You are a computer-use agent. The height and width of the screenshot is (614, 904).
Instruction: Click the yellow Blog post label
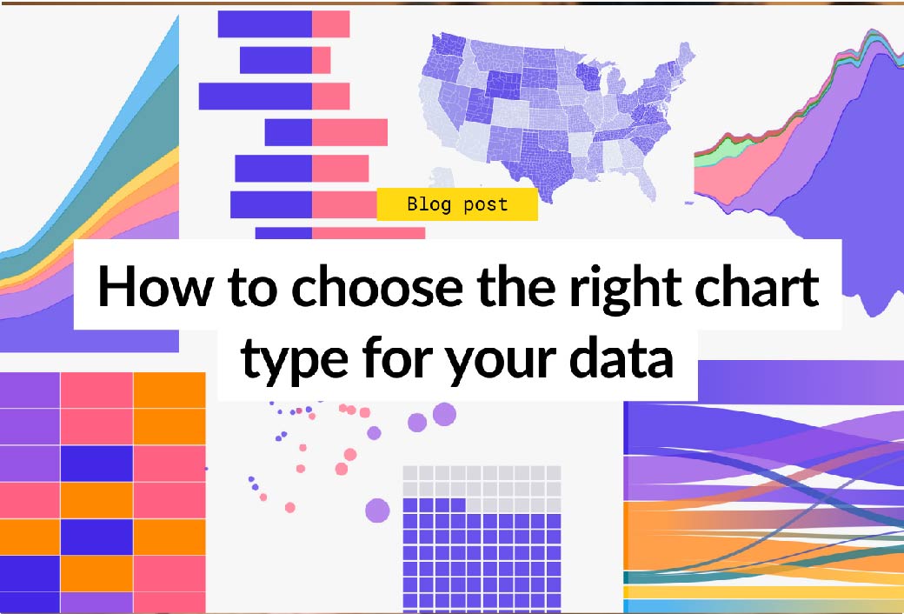click(457, 204)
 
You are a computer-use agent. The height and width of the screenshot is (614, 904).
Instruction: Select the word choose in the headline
click(381, 286)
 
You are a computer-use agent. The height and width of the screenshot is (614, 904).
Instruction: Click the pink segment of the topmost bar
click(331, 23)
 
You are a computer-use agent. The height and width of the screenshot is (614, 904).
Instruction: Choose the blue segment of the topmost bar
click(265, 23)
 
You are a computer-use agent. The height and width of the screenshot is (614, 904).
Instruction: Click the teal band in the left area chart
click(144, 144)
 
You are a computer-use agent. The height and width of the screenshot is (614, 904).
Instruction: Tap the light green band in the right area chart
click(710, 156)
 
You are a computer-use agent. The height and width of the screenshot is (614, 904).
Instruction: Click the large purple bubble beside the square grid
click(377, 511)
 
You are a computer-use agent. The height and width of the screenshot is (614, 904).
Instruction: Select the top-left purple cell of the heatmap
click(30, 390)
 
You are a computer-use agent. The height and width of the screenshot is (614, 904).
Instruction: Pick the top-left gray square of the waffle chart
click(410, 472)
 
